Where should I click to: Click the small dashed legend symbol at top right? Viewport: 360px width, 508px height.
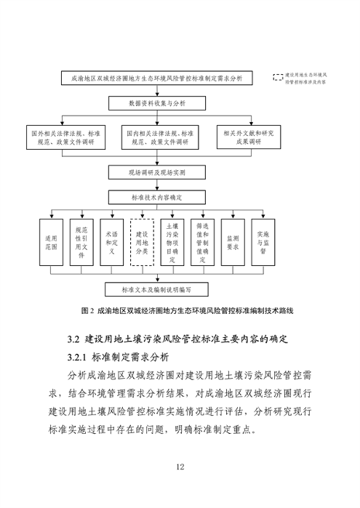tap(276, 76)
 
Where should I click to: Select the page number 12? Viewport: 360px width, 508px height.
tap(180, 466)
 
